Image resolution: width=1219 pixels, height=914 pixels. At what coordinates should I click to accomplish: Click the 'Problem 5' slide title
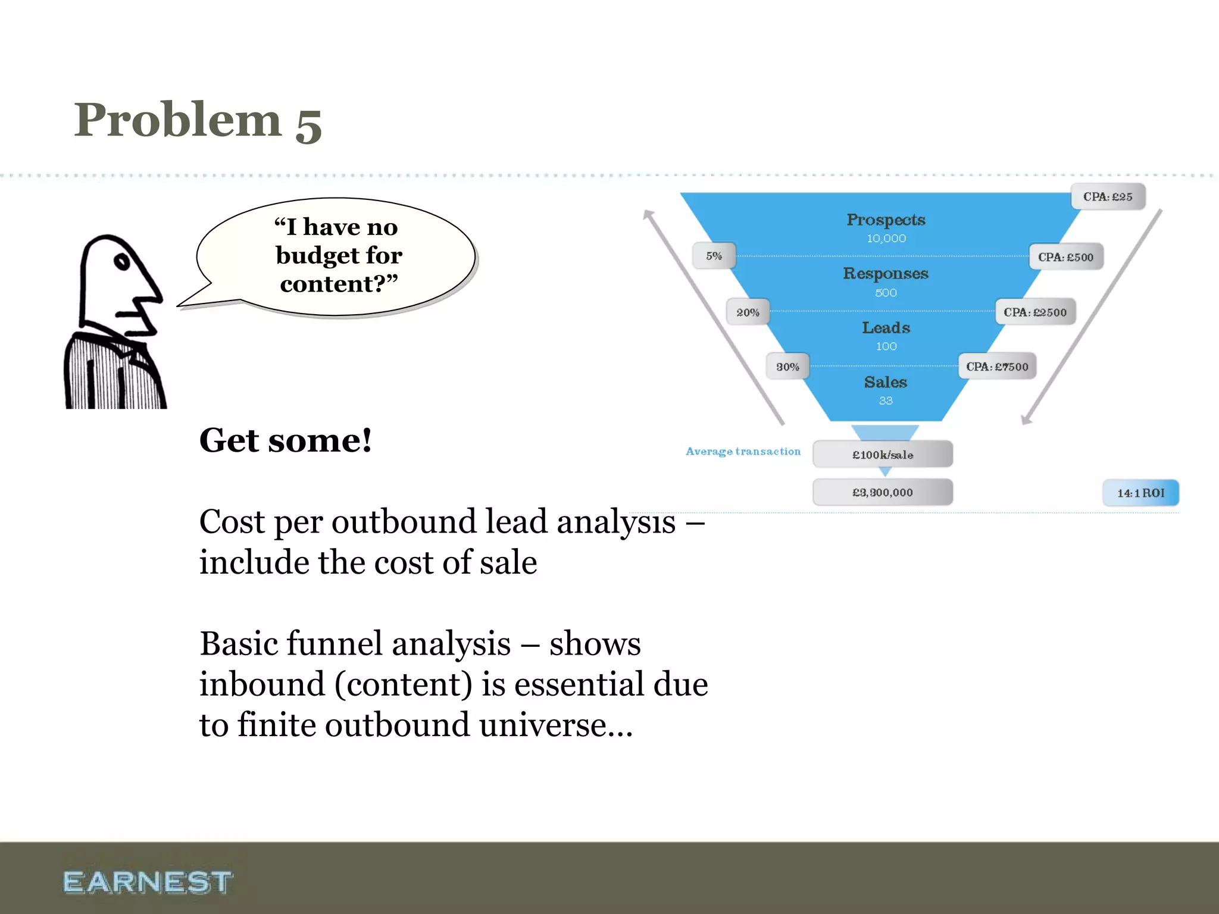(x=198, y=120)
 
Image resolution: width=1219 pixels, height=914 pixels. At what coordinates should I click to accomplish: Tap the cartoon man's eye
(x=122, y=262)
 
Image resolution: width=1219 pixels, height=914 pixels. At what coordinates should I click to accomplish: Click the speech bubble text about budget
(x=338, y=255)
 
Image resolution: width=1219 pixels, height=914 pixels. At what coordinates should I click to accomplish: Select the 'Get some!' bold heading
(x=286, y=440)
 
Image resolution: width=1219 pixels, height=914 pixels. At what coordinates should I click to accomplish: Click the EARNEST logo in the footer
(x=148, y=882)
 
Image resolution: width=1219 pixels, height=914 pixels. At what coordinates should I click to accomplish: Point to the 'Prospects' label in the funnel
(x=886, y=220)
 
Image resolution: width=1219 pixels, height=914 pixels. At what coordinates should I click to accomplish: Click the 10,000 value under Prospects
(x=886, y=239)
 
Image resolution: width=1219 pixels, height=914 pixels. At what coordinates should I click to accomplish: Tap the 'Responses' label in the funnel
(x=886, y=274)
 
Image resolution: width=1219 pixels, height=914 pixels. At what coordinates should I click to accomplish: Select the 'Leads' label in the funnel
(x=886, y=328)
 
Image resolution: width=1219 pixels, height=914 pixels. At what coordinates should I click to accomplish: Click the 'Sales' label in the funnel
(x=886, y=382)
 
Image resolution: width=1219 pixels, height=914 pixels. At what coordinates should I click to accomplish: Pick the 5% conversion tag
(x=714, y=256)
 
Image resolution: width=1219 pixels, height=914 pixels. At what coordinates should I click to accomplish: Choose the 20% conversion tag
(x=748, y=312)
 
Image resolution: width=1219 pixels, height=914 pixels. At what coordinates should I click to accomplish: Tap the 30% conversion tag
(x=787, y=367)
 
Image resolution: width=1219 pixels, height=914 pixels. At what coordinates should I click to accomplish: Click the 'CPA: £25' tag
(x=1108, y=197)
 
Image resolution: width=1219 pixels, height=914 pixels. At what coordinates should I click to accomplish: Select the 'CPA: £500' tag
(x=1065, y=257)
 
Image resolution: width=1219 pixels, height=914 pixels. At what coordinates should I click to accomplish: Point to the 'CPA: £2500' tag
(x=1035, y=312)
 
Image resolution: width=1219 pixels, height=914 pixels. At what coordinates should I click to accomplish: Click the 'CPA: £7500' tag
(x=997, y=367)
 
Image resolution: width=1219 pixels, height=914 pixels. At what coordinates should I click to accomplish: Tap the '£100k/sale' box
(x=883, y=455)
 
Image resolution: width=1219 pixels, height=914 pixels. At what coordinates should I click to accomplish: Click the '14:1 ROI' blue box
(x=1140, y=493)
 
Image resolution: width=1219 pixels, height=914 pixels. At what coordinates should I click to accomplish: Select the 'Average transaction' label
(x=743, y=452)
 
